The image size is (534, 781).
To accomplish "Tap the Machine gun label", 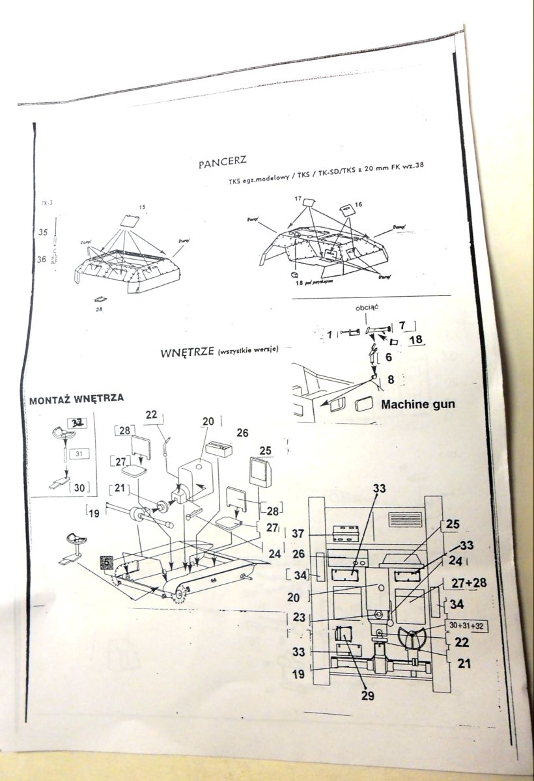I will (418, 404).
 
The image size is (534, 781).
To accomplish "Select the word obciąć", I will (367, 307).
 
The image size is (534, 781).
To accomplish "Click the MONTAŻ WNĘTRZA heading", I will (77, 399).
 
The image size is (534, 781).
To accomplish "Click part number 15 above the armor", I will (142, 208).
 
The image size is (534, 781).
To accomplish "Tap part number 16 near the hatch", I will (358, 204).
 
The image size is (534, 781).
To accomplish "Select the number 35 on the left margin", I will (43, 232).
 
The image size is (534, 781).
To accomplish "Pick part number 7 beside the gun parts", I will (402, 324).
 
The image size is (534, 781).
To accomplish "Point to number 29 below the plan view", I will (369, 696).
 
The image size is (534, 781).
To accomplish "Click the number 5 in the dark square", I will (105, 561).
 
